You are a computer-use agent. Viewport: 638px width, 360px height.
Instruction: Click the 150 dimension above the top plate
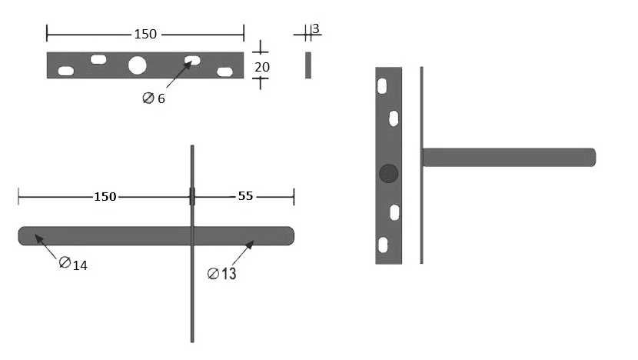(x=145, y=34)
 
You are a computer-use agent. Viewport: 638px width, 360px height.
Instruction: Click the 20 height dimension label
(x=262, y=67)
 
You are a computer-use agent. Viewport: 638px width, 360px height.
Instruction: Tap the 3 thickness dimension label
(x=316, y=28)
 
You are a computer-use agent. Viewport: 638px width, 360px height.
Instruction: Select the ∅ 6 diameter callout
(x=154, y=98)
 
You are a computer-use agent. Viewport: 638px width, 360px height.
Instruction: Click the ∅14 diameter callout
(x=73, y=264)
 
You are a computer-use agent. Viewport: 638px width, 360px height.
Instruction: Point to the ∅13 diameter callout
(x=221, y=273)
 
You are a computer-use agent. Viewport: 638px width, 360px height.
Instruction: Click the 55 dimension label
(x=245, y=196)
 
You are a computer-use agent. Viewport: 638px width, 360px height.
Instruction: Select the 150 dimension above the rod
(x=105, y=197)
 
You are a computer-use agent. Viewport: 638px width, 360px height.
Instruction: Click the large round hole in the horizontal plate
(x=137, y=65)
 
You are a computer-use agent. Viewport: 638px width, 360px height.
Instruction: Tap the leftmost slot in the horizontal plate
(x=66, y=71)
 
